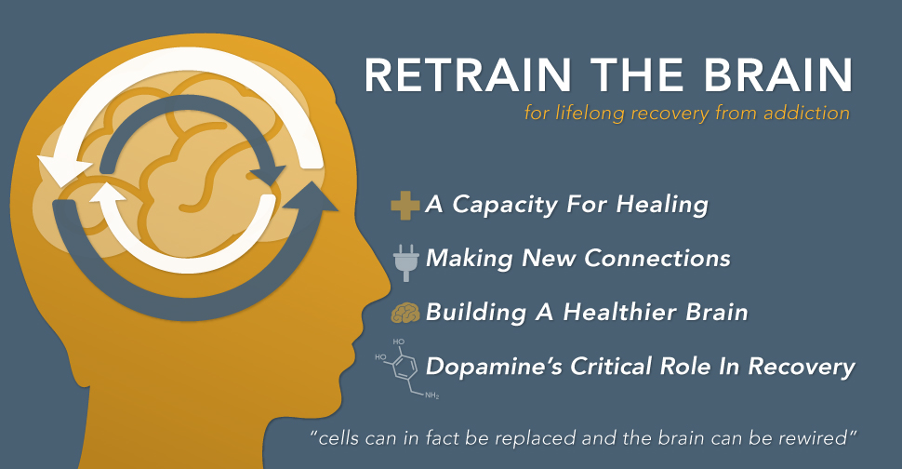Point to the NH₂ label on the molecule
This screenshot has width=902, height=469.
coord(431,396)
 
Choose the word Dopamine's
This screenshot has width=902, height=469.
coord(484,366)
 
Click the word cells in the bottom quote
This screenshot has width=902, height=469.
coord(342,435)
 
